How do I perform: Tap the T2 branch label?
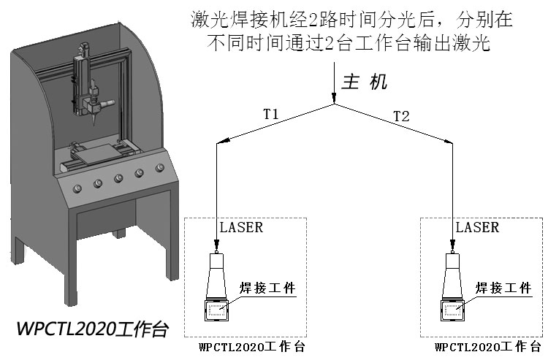[x=401, y=116]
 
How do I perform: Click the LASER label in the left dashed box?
[x=240, y=227]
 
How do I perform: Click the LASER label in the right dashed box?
[x=477, y=227]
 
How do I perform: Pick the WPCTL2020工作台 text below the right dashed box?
[x=487, y=347]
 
